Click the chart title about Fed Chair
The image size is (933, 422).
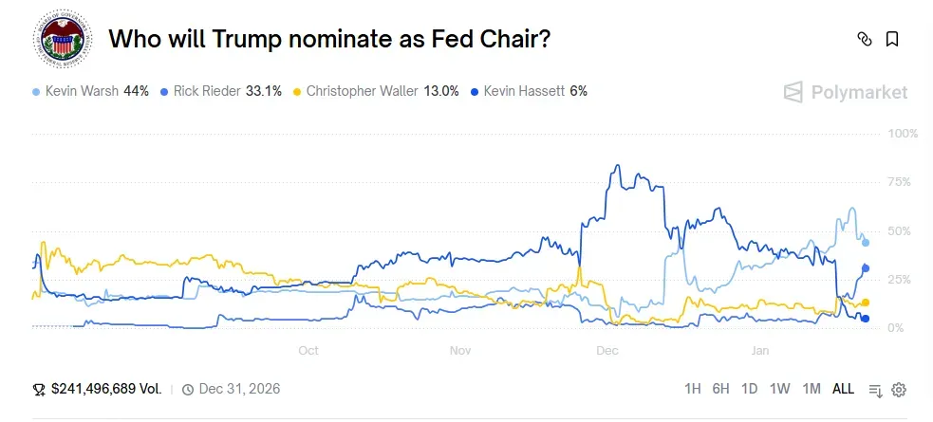[330, 39]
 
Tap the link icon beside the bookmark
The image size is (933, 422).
[864, 39]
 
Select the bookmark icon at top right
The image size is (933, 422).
[892, 39]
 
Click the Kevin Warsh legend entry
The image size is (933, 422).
[91, 91]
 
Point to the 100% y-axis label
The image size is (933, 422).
[902, 134]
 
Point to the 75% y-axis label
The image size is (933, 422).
[904, 182]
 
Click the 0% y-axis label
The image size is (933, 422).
[907, 328]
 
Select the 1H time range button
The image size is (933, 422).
[693, 389]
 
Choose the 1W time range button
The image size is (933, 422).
[779, 389]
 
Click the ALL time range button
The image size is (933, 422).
[843, 389]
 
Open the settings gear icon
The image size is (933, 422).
[899, 390]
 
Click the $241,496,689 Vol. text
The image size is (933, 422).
[105, 389]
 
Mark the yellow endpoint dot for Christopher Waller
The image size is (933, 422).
[866, 303]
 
